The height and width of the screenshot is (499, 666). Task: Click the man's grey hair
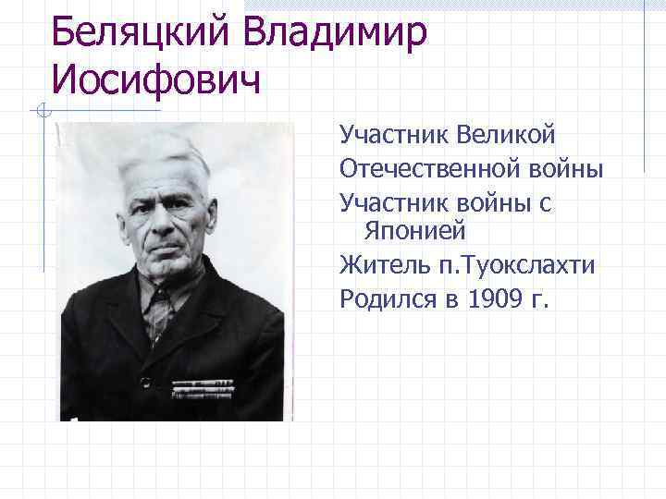coord(166,148)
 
